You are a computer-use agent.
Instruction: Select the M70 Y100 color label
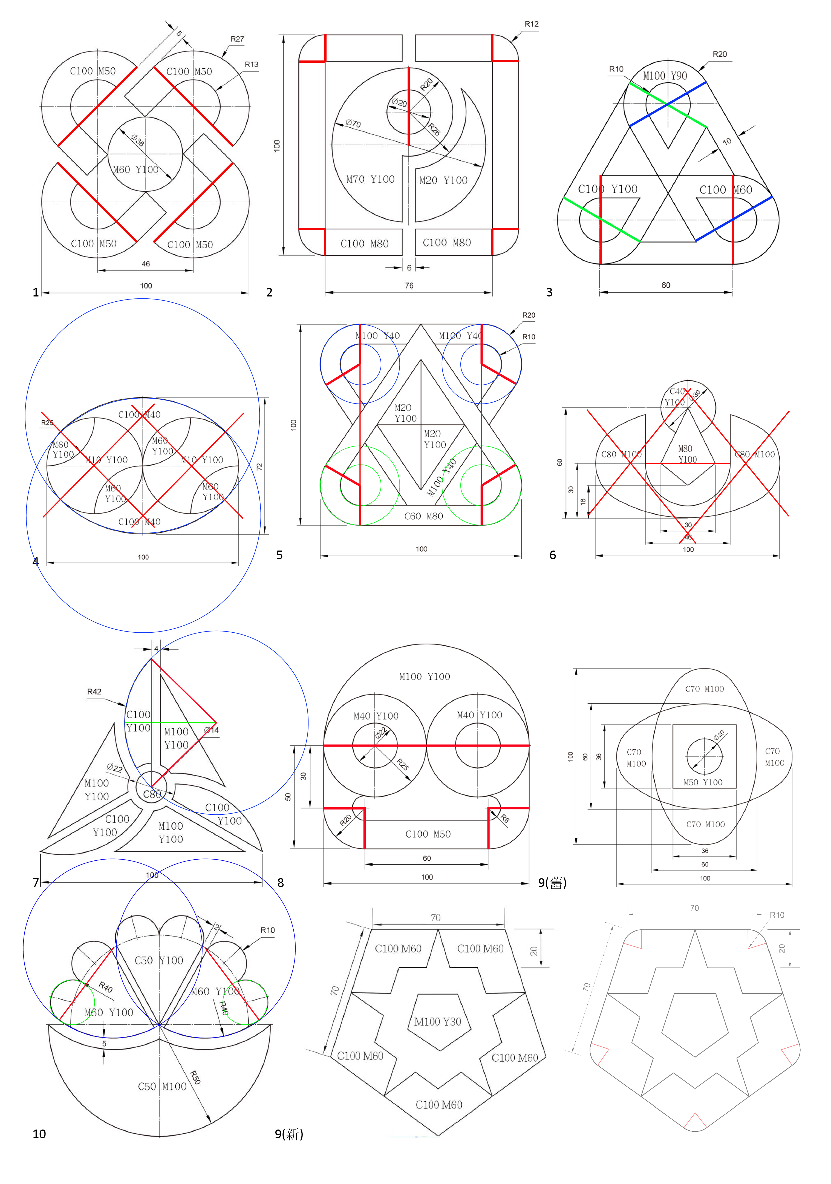(x=370, y=180)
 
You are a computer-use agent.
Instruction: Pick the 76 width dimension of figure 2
(x=409, y=285)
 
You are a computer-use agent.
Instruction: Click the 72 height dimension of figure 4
(x=259, y=467)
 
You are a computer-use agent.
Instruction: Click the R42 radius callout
(x=94, y=692)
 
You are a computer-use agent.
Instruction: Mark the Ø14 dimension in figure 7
(x=211, y=730)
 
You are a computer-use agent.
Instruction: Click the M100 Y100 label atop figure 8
(x=424, y=676)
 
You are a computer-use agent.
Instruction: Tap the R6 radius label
(x=505, y=818)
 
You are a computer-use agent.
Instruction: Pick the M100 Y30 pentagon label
(x=438, y=1022)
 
